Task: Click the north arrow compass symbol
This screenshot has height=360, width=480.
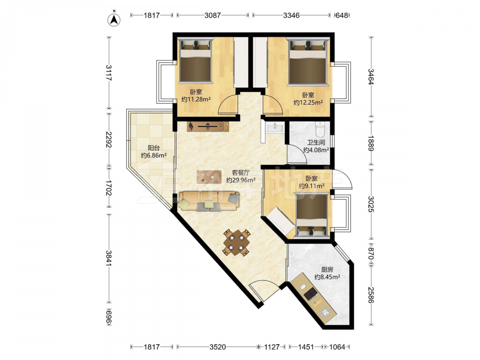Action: (114, 20)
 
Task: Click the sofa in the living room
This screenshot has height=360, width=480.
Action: (209, 201)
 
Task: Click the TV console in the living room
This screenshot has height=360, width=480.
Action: (208, 126)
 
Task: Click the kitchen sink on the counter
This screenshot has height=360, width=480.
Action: (325, 313)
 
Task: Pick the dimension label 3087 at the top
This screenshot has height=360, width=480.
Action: (212, 15)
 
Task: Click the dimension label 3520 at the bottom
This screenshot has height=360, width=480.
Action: (217, 347)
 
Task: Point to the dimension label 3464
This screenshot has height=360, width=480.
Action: (371, 77)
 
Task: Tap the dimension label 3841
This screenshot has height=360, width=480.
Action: (108, 258)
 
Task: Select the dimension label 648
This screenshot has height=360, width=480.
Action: (342, 15)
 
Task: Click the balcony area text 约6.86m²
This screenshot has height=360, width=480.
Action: (154, 155)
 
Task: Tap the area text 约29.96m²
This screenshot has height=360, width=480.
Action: (241, 180)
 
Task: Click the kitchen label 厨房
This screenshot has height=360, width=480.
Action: (327, 270)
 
